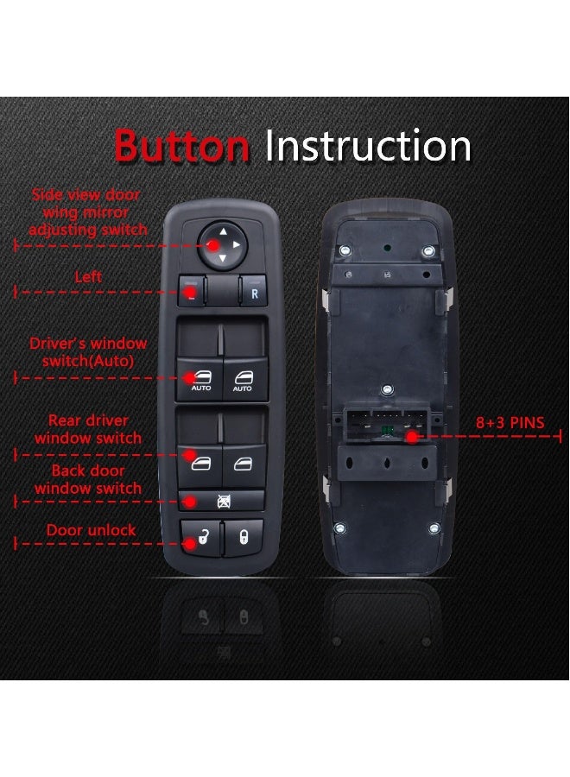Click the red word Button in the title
(x=181, y=147)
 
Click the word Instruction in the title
(x=368, y=147)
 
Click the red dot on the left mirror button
(x=191, y=292)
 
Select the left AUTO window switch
(x=200, y=378)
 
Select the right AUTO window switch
(x=243, y=378)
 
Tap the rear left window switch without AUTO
(x=200, y=462)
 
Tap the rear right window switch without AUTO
(x=243, y=462)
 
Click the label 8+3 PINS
(x=511, y=423)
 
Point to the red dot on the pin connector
(x=413, y=437)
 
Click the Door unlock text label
(x=91, y=530)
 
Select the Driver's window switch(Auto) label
(x=88, y=352)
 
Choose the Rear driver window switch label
(x=88, y=429)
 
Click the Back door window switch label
(x=88, y=479)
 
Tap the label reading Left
(x=88, y=277)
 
